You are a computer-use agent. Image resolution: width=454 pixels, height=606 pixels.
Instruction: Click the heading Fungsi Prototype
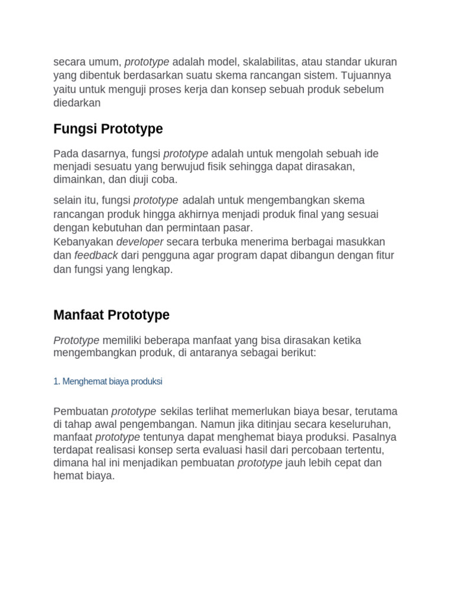[108, 129]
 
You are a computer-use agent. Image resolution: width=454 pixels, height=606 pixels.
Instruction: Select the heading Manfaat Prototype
[111, 315]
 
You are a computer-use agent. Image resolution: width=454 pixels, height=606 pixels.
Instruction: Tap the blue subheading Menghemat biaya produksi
[108, 382]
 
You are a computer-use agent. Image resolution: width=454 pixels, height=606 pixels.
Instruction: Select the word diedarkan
[77, 102]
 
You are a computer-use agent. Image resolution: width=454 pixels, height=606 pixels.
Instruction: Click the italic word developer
[140, 242]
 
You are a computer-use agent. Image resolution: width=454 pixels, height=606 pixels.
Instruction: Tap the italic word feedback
[96, 256]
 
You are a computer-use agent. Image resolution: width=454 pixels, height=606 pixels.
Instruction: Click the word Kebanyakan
[83, 242]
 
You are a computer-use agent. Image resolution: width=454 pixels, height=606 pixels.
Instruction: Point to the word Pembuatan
[81, 411]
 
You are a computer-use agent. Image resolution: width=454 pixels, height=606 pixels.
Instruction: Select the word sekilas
[178, 411]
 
